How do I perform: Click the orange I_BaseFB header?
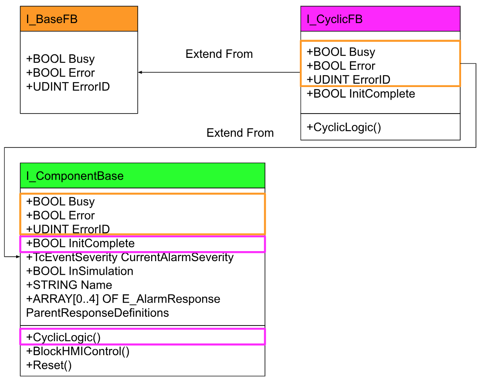[79, 19]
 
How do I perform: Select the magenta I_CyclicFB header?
[380, 19]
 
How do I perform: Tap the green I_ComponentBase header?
[143, 176]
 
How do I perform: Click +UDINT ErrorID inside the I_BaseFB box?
[68, 87]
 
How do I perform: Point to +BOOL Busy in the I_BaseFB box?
[60, 59]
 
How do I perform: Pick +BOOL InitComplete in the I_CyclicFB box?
[361, 94]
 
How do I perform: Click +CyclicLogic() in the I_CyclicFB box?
[343, 127]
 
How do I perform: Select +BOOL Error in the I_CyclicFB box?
[341, 66]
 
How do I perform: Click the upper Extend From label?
[219, 54]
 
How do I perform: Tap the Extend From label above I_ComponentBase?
[240, 133]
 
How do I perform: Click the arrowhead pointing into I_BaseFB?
[140, 72]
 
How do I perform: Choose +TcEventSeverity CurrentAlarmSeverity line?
[130, 257]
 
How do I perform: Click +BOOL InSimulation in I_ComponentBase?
[80, 271]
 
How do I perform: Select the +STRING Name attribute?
[69, 285]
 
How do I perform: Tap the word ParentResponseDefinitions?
[97, 312]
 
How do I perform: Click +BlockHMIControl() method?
[78, 351]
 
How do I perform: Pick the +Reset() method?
[49, 365]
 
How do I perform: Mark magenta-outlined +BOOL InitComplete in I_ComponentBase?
[81, 243]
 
